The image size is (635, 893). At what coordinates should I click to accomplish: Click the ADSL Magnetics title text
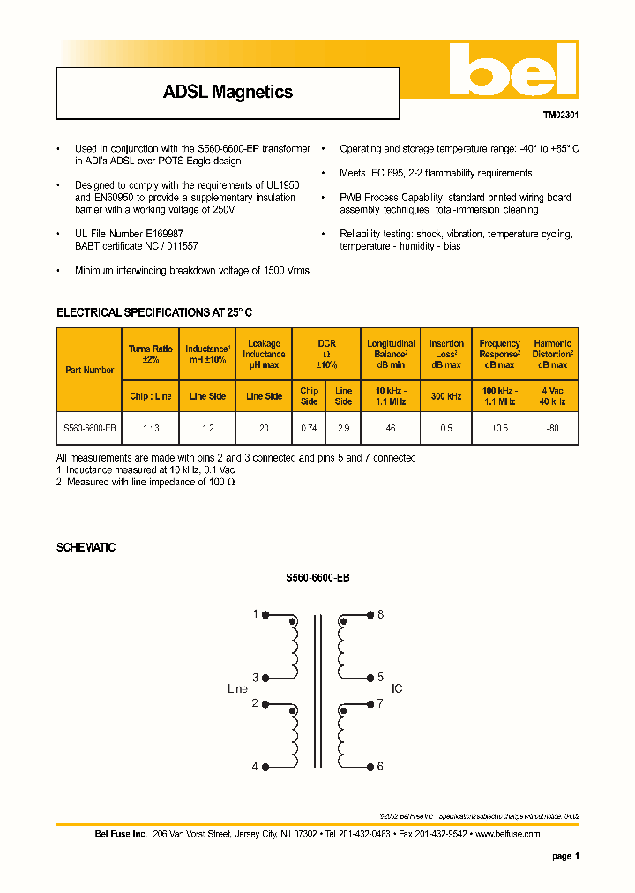pyautogui.click(x=228, y=92)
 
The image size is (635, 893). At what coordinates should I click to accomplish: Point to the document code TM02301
pyautogui.click(x=560, y=115)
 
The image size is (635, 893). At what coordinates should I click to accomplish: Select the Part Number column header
pyautogui.click(x=90, y=370)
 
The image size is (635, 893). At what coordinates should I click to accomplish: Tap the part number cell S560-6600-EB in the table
pyautogui.click(x=90, y=428)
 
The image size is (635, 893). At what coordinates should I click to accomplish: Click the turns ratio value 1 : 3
pyautogui.click(x=151, y=428)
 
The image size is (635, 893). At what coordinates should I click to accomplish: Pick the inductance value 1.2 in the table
pyautogui.click(x=208, y=428)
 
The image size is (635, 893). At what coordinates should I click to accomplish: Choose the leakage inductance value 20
pyautogui.click(x=264, y=428)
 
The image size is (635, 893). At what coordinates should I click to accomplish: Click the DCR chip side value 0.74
pyautogui.click(x=309, y=428)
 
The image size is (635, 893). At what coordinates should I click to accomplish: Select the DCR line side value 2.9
pyautogui.click(x=344, y=428)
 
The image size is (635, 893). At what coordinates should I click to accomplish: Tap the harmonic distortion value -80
pyautogui.click(x=552, y=428)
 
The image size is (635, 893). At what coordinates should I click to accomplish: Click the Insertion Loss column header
pyautogui.click(x=446, y=354)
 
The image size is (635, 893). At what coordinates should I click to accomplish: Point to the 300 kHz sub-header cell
pyautogui.click(x=446, y=396)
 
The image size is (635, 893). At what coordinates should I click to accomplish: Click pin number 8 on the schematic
pyautogui.click(x=381, y=614)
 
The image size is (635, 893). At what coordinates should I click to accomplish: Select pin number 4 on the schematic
pyautogui.click(x=255, y=767)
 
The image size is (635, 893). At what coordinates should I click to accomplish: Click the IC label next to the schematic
pyautogui.click(x=397, y=688)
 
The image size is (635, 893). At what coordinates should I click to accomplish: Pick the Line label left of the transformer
pyautogui.click(x=238, y=688)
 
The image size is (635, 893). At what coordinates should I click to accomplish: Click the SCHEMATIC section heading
pyautogui.click(x=86, y=547)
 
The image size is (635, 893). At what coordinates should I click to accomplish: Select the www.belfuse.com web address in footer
pyautogui.click(x=508, y=834)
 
